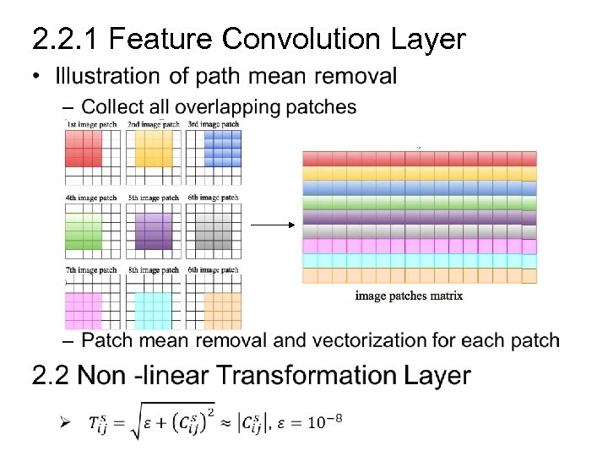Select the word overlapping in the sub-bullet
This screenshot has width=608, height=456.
pos(219,107)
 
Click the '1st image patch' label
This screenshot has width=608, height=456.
pos(91,124)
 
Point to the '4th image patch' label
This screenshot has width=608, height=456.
pos(91,198)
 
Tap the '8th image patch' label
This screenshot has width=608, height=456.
pos(153,270)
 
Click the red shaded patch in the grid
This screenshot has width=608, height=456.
pos(84,149)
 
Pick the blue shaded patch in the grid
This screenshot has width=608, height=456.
pos(222,149)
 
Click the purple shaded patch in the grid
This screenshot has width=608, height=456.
pos(153,228)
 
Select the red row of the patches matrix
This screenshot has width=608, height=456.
pos(418,159)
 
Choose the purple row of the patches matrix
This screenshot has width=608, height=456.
pos(418,217)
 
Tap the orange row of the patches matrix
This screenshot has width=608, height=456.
pos(418,275)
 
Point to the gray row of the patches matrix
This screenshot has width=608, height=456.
pos(418,231)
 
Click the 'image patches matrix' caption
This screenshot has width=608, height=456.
pos(409,296)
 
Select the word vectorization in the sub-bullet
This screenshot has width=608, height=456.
pos(368,340)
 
